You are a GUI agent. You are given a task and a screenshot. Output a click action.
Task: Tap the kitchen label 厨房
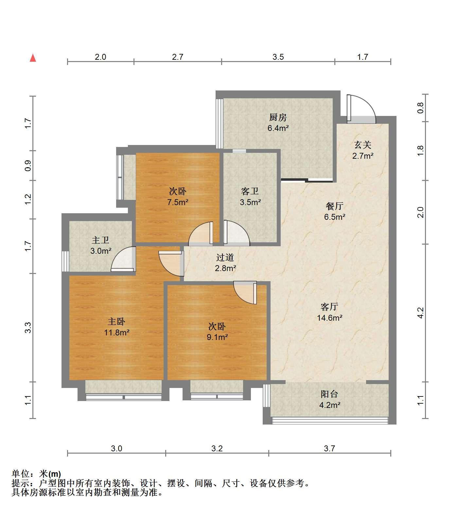click(278, 117)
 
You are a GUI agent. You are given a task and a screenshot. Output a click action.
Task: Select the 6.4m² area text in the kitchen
click(278, 128)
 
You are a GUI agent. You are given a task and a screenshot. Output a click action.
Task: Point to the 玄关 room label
click(363, 145)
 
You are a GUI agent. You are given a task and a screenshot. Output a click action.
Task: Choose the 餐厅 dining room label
click(335, 206)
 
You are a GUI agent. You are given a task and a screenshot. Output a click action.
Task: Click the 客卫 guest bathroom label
click(250, 191)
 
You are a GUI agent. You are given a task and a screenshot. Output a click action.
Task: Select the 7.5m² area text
click(178, 202)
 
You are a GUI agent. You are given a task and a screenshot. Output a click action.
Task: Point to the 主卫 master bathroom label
click(100, 240)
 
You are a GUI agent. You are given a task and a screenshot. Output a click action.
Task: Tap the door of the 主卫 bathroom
click(123, 259)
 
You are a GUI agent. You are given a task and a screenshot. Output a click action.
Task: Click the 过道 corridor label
click(225, 257)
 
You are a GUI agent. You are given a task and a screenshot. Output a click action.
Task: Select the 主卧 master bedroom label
click(117, 322)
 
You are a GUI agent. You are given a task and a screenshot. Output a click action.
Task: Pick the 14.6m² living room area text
click(329, 317)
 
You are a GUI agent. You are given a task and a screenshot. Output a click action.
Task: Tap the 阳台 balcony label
click(329, 394)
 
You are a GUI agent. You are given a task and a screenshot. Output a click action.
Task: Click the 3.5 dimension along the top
click(278, 57)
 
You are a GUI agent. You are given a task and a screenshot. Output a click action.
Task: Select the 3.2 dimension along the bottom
click(217, 448)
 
